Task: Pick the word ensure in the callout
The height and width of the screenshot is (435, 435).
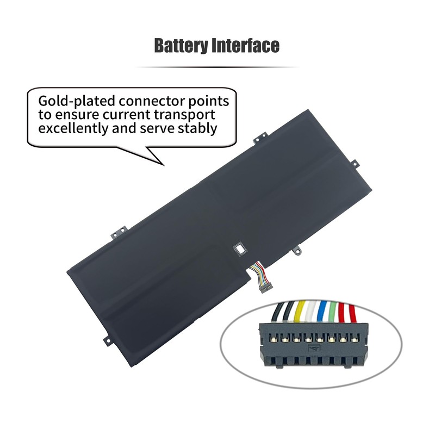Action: pyautogui.click(x=72, y=115)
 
